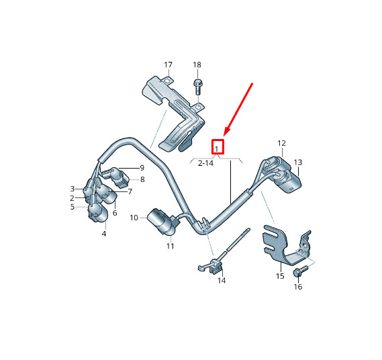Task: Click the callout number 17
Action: point(168,65)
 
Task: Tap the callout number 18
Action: point(197,65)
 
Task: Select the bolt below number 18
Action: point(197,87)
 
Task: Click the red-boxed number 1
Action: point(217,148)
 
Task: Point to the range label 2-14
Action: point(206,163)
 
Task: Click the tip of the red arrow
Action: point(224,136)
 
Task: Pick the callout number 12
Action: point(281,143)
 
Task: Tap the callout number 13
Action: point(298,162)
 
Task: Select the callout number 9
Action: point(142,168)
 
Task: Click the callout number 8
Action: point(142,179)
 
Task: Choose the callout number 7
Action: point(130,191)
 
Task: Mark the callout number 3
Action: point(72,189)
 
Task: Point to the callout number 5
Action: point(72,207)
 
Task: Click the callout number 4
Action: point(104,234)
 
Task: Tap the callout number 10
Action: point(134,218)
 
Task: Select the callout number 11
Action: point(171,246)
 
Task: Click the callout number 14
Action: point(222,280)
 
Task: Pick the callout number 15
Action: point(280,276)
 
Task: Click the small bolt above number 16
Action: point(301,271)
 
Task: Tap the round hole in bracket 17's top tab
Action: point(166,81)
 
